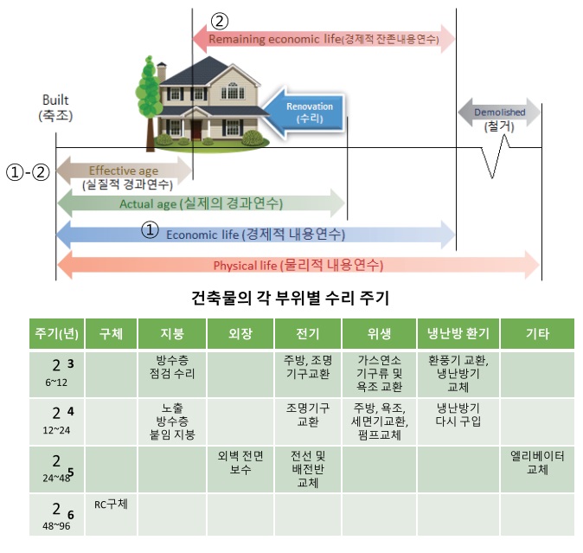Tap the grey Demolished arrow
point(499,113)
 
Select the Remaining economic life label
point(323,39)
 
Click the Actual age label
point(202,203)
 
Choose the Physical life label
point(298,265)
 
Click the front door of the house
point(197,129)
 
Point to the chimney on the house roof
point(162,72)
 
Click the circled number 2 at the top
point(221,20)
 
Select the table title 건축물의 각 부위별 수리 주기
point(290,300)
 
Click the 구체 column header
point(112,333)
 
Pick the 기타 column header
point(537,333)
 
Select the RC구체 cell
point(111,504)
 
